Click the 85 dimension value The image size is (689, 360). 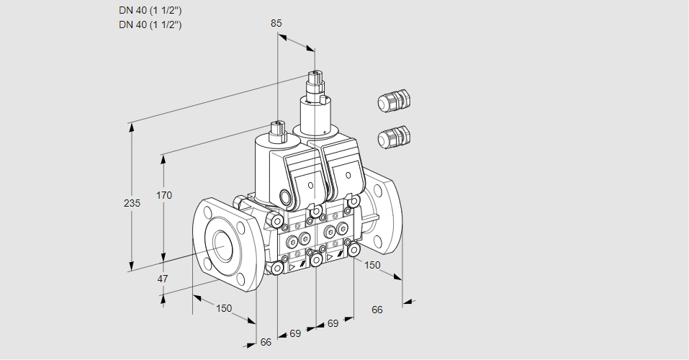coord(276,23)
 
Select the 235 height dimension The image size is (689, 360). coord(132,204)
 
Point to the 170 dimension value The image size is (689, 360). coord(165,195)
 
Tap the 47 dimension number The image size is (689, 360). coord(163,279)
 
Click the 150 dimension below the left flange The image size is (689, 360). coord(224,308)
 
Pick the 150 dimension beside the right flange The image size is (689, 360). coord(371,265)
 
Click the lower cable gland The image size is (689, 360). coord(393,136)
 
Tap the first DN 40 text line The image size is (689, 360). coord(150,11)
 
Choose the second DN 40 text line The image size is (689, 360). coord(150,24)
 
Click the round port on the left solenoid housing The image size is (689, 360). coord(285,197)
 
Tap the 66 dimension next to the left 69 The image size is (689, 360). coord(266,342)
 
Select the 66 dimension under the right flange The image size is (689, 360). coord(377,310)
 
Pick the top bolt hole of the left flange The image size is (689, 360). coord(208,212)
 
